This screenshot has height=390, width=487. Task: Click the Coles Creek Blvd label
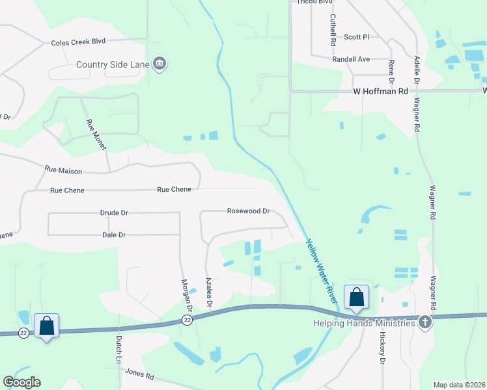coord(78,42)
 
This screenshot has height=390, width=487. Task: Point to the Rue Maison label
coord(63,170)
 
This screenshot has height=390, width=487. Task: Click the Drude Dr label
coord(114,213)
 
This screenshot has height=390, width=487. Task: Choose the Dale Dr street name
coord(113,235)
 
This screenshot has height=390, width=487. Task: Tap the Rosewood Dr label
coord(248,211)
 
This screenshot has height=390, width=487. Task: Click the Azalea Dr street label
coord(209,292)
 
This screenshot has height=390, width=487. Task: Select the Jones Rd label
coord(140,375)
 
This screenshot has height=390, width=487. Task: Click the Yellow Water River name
coord(322,270)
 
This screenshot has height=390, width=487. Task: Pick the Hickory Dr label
coord(382,350)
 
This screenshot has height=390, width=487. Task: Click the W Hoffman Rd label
coord(380,92)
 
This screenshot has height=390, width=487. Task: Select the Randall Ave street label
coord(351,59)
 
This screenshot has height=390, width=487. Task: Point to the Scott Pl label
coord(357,37)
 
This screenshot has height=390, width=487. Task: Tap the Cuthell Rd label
coord(333,30)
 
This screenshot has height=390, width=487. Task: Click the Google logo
coord(21,382)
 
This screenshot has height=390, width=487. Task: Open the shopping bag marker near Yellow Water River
coord(357,297)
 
